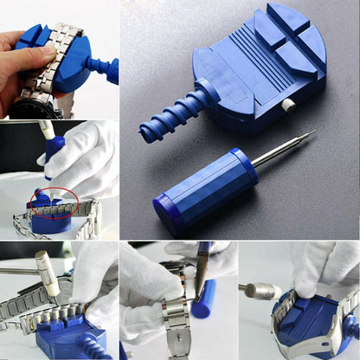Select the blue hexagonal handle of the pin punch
coord(208,190)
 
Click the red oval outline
coord(54,204)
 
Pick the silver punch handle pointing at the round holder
coord(260,289)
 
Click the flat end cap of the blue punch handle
coord(167,215)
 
